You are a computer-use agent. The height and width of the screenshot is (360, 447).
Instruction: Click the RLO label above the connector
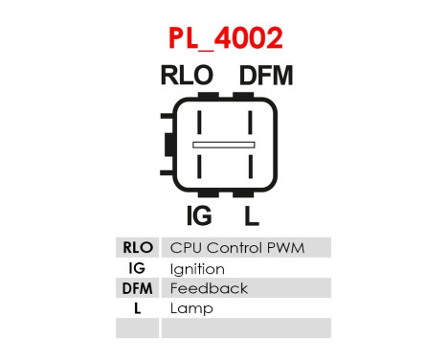click(187, 77)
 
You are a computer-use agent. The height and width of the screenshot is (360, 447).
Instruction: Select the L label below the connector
click(251, 214)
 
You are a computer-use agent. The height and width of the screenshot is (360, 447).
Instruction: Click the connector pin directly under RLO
click(199, 123)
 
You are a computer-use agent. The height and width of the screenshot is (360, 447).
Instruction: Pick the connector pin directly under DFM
click(250, 123)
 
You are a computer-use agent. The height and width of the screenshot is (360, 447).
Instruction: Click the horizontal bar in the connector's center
click(224, 146)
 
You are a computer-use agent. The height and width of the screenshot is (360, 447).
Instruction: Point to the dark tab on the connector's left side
click(168, 146)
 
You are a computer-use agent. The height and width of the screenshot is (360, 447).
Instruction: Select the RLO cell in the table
click(138, 248)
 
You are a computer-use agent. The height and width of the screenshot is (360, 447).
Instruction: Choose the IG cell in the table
click(138, 268)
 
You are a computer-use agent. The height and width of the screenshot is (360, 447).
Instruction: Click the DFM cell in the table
click(138, 288)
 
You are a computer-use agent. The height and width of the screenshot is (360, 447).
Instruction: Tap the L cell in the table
click(138, 308)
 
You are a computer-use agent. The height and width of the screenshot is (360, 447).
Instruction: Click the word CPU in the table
click(186, 248)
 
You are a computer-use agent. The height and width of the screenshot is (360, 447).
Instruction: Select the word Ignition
click(197, 269)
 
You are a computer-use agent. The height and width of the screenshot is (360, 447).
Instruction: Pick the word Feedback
click(209, 288)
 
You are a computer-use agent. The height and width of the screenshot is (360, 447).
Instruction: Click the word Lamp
click(191, 308)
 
